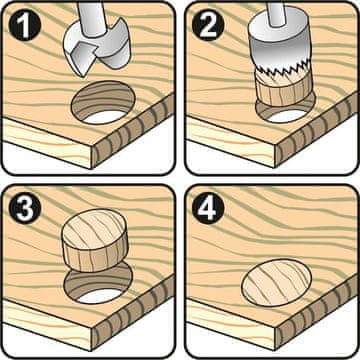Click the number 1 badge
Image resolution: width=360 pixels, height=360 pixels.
(25, 25)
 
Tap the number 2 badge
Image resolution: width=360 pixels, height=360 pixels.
(207, 25)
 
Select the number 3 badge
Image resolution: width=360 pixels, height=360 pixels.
(25, 208)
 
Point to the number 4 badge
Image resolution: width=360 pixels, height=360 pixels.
(207, 208)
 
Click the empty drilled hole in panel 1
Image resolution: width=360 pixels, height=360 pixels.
(102, 103)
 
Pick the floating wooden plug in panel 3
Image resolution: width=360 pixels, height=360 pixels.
(95, 240)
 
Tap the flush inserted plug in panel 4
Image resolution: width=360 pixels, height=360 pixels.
(277, 283)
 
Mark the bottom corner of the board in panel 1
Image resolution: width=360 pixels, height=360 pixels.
(91, 169)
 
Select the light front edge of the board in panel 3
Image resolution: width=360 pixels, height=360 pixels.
(47, 323)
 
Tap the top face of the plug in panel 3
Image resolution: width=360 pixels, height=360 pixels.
(95, 229)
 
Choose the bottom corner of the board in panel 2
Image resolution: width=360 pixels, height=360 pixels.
(275, 168)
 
